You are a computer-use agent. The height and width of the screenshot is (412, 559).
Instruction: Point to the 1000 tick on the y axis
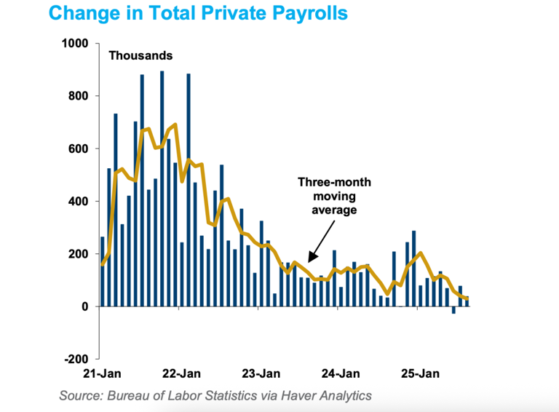76,44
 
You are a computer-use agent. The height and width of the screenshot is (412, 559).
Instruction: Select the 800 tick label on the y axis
79,96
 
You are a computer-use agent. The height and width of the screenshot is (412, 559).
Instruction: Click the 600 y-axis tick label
79,148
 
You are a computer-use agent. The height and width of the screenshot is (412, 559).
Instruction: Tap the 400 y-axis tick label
79,202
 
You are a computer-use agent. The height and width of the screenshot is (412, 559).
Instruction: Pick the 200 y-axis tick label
79,254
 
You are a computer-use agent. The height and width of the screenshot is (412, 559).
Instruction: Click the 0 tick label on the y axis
85,306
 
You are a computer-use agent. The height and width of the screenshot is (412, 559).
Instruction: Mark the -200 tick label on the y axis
77,359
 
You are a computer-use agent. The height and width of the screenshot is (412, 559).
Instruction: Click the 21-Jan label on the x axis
100,374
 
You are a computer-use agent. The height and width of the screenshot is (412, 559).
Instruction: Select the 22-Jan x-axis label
180,374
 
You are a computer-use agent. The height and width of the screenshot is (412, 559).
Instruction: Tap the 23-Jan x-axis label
259,374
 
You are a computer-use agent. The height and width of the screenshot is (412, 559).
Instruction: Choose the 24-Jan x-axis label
338,374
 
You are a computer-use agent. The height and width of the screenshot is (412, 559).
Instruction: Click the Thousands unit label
140,55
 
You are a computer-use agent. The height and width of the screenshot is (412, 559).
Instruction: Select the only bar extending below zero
453,310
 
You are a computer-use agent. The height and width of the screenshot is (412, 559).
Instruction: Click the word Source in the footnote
82,396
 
